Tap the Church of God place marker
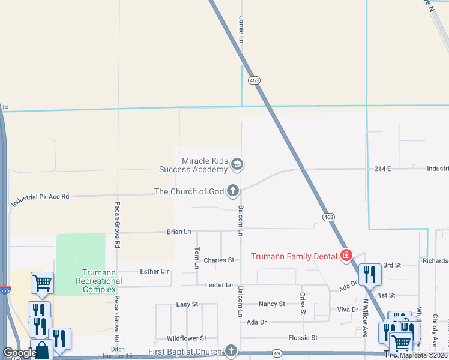click(233, 191)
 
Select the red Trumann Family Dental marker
click(346, 256)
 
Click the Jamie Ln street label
click(242, 29)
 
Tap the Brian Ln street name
click(179, 232)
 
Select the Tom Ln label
click(197, 257)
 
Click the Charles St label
click(218, 260)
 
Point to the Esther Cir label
click(154, 271)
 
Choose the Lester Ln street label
click(218, 285)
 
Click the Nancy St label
click(272, 304)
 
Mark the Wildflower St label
click(186, 338)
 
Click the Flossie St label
click(303, 338)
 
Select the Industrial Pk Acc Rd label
click(40, 200)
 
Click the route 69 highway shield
click(277, 353)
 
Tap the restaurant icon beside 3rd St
click(369, 274)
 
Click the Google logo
click(20, 353)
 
